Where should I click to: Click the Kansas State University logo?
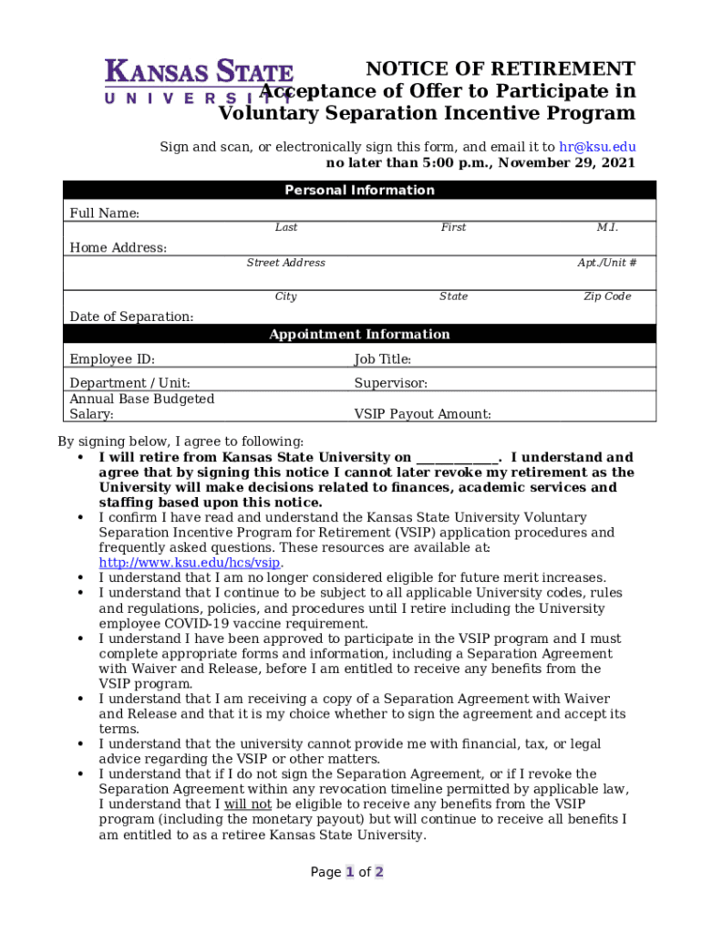[x=199, y=81]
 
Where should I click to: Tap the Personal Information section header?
[x=359, y=191]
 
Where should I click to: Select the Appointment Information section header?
[x=359, y=335]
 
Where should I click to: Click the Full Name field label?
[x=105, y=213]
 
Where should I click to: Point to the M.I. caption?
[x=607, y=227]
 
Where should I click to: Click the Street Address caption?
[x=285, y=263]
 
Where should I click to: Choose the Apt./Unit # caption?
[x=606, y=263]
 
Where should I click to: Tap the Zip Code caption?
[x=607, y=296]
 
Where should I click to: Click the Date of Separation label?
[x=132, y=317]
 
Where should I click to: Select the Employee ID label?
[x=112, y=359]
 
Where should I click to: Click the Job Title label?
[x=383, y=359]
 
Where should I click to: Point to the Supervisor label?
[x=390, y=384]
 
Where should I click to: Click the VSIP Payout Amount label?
[x=422, y=414]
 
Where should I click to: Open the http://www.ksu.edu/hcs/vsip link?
[x=189, y=563]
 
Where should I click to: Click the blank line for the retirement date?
[x=457, y=458]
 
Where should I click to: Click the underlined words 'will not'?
[x=248, y=804]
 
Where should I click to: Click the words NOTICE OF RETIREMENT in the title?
[x=500, y=69]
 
